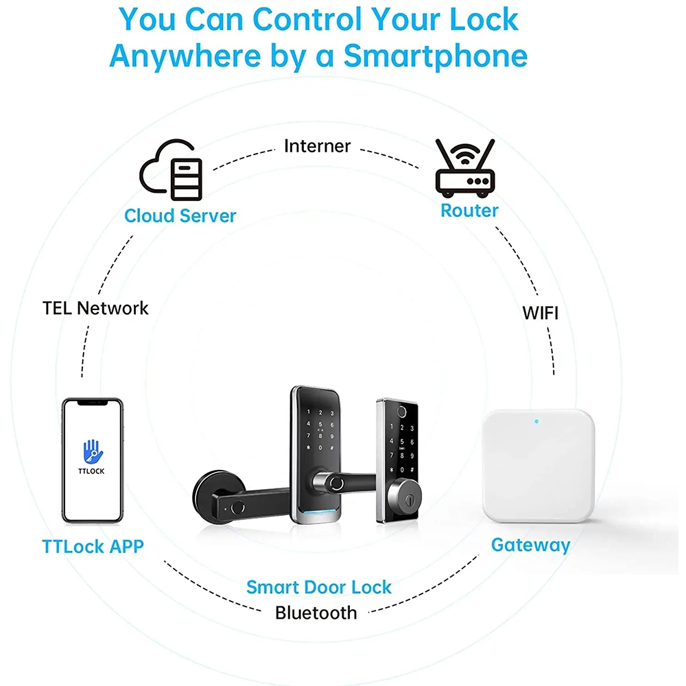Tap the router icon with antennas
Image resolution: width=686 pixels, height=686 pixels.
click(x=464, y=166)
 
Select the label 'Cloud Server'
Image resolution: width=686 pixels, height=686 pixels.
click(x=180, y=215)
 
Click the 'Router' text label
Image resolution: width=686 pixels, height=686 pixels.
click(x=469, y=210)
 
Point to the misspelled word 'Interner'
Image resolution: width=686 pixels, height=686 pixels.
click(x=317, y=146)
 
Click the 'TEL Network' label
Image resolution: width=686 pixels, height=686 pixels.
click(x=95, y=308)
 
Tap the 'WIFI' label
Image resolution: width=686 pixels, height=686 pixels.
click(x=541, y=314)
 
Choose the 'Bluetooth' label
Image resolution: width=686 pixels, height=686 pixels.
click(x=316, y=612)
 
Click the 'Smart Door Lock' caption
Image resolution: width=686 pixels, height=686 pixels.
click(x=319, y=587)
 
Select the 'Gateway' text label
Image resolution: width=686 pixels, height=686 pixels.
click(x=530, y=545)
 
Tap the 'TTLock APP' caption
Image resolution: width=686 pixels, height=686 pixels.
click(x=93, y=547)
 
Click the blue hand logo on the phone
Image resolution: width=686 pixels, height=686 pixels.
click(x=92, y=451)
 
